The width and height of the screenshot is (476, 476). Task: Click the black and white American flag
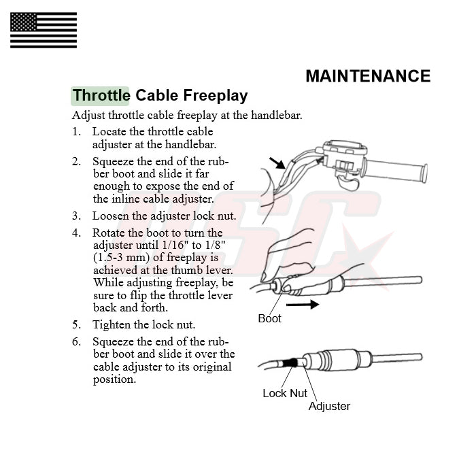(x=44, y=31)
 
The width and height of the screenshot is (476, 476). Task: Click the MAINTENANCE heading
(x=367, y=76)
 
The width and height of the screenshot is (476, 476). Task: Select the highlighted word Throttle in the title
(x=101, y=95)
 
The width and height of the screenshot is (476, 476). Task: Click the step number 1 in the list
(x=76, y=132)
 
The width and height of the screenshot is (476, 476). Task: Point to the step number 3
(x=76, y=216)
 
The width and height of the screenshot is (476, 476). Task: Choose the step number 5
(x=76, y=325)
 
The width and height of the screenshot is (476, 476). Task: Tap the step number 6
(x=76, y=342)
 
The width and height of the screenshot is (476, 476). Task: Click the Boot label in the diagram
(x=269, y=318)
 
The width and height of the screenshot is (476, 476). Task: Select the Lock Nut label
(x=285, y=393)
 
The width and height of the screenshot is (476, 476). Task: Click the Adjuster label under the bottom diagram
(x=329, y=406)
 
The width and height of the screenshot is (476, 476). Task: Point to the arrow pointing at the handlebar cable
(x=277, y=163)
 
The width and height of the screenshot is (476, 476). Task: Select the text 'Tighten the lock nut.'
(x=143, y=325)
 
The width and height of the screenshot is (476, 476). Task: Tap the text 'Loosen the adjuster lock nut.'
(x=164, y=216)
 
